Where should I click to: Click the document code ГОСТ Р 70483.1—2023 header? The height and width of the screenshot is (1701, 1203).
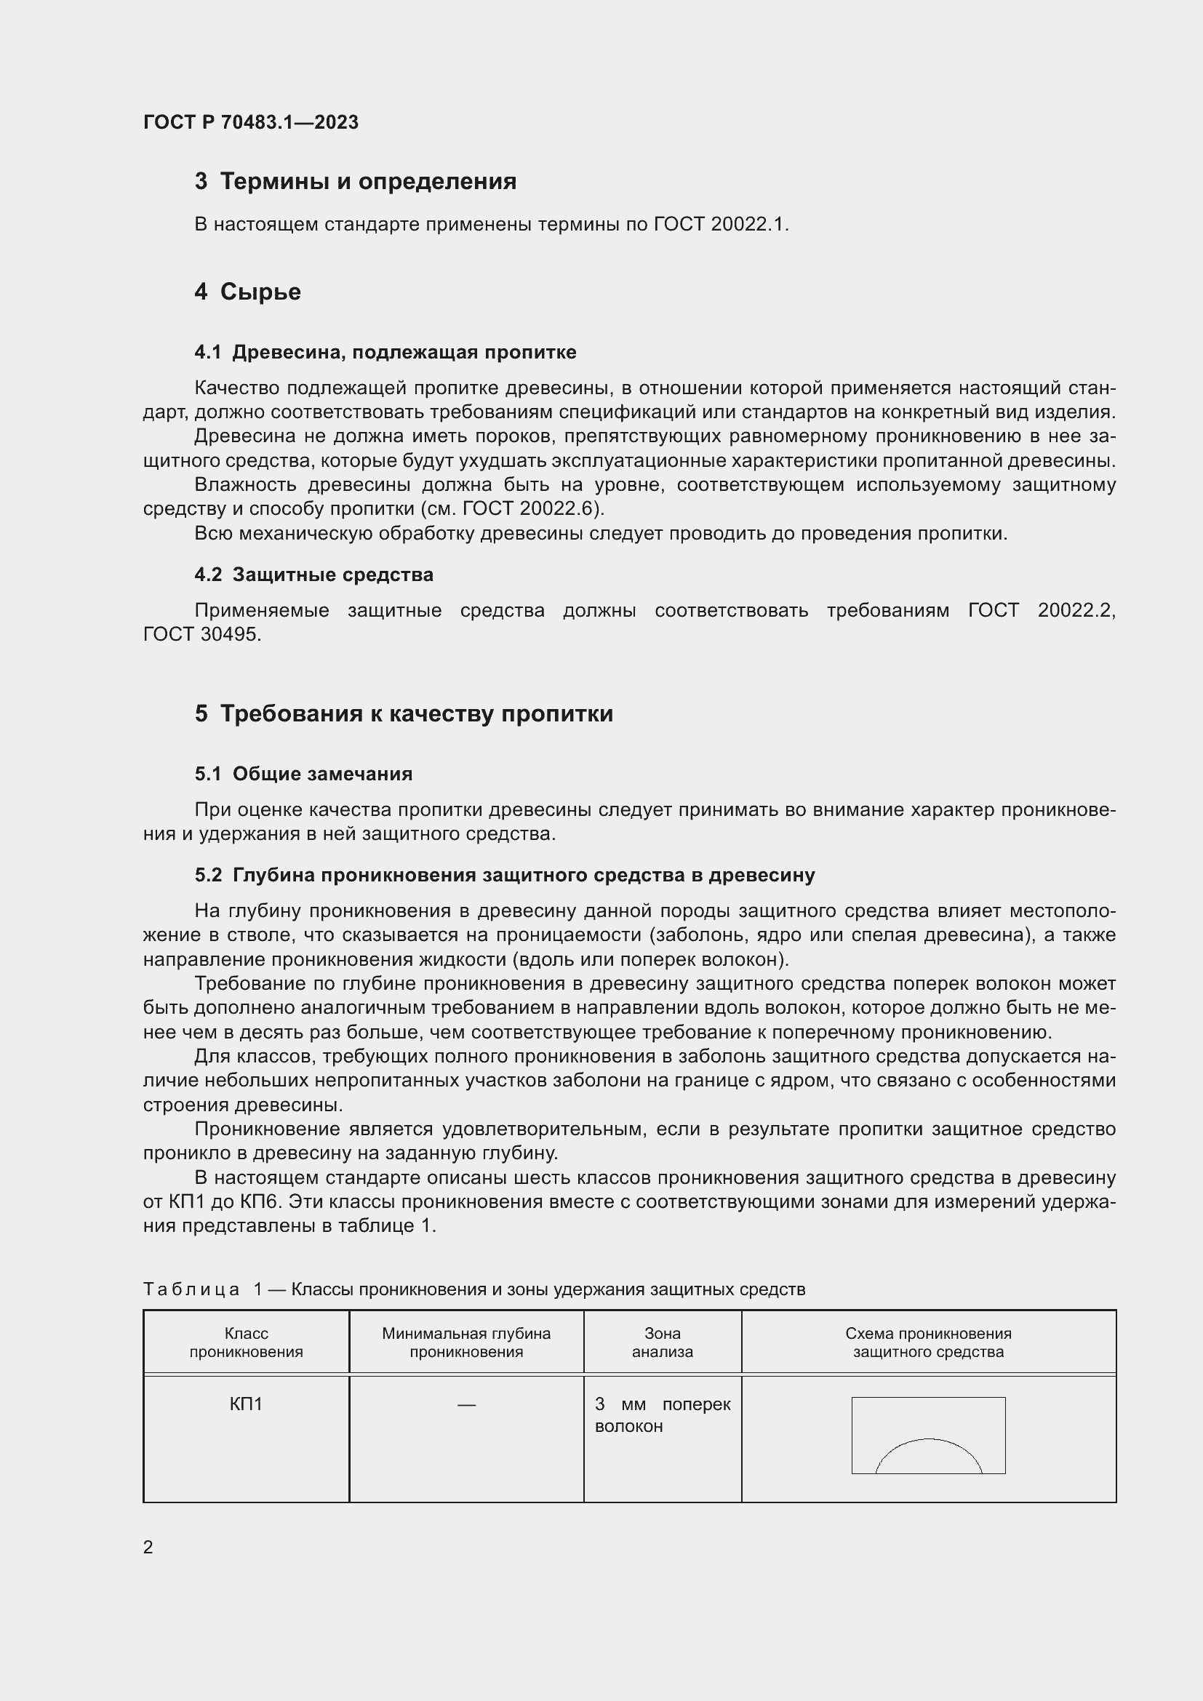[250, 122]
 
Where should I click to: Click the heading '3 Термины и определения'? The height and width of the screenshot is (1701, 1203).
[356, 182]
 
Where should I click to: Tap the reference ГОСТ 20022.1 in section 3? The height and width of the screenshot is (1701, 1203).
[720, 224]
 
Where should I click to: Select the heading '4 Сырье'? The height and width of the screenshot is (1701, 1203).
[247, 292]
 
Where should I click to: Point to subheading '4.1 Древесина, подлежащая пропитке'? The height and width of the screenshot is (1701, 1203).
[385, 353]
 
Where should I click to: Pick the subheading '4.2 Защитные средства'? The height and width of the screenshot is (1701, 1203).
[314, 575]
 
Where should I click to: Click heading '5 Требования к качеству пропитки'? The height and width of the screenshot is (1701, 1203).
[404, 714]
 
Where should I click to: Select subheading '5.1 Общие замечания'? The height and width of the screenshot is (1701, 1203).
[304, 775]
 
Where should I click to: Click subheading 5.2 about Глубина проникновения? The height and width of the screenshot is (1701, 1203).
[505, 876]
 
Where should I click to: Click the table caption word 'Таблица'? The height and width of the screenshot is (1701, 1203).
[191, 1290]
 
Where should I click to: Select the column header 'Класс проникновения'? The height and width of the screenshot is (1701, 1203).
[246, 1342]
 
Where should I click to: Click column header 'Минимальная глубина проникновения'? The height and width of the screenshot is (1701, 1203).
[466, 1342]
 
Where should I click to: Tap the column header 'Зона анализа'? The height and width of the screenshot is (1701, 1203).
[663, 1342]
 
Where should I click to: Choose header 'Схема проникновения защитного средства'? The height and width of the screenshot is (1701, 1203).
[928, 1342]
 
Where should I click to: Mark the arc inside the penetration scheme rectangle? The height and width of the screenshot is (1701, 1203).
[928, 1439]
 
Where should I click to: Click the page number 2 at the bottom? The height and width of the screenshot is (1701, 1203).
[148, 1548]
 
